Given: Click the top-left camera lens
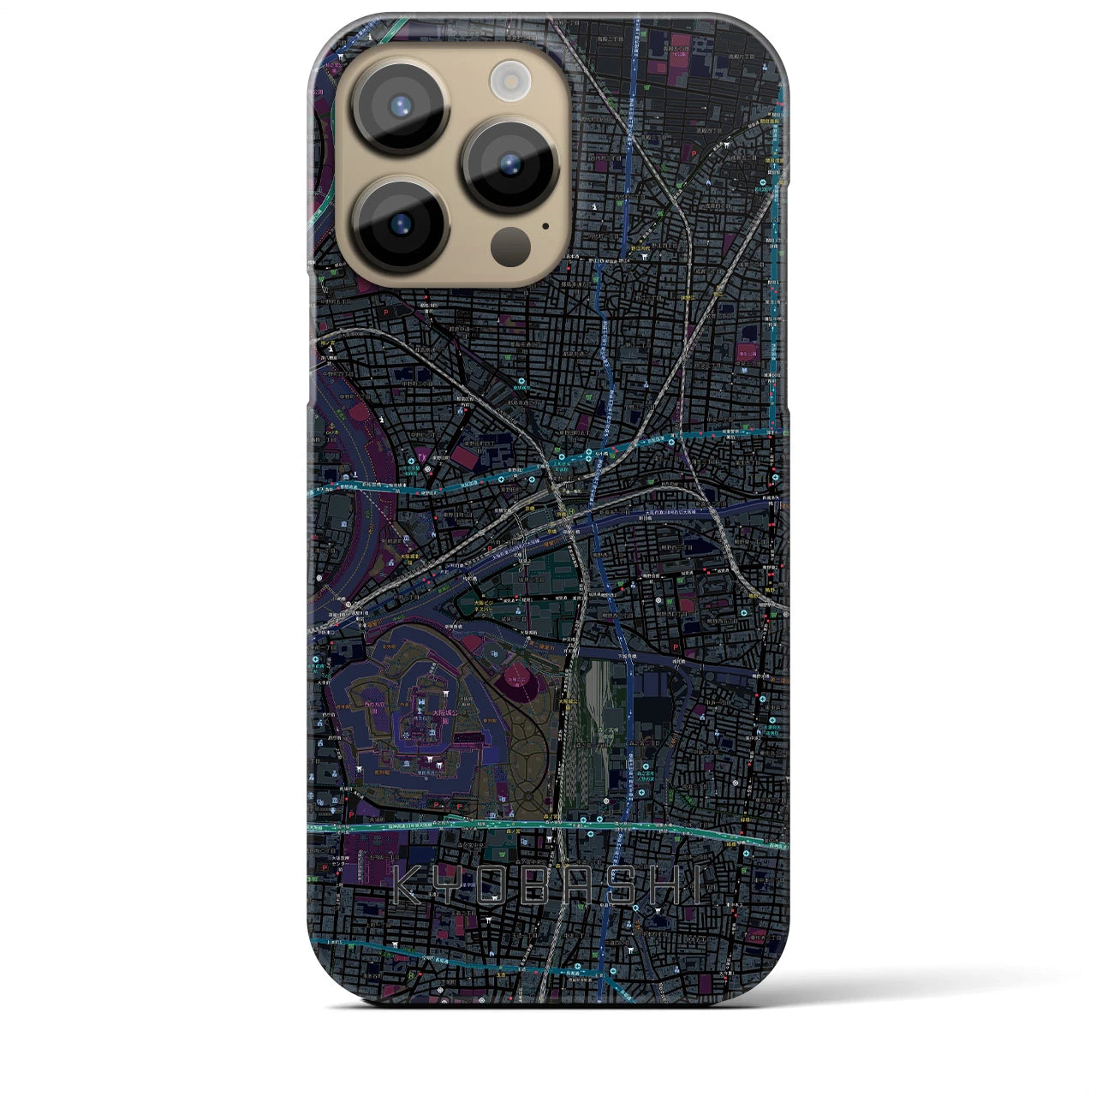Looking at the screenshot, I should coord(399,106).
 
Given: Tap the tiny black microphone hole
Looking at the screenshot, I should coord(545,228).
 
